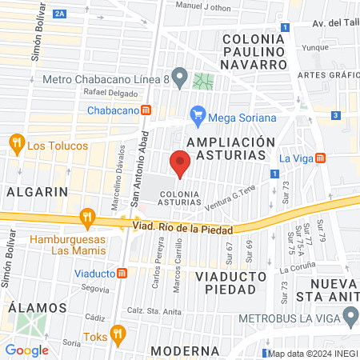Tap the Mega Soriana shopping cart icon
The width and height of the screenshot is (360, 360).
(198, 117)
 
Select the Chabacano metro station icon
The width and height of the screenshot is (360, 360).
(146, 110)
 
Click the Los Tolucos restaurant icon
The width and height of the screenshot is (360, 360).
(16, 145)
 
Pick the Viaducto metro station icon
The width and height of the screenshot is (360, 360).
(122, 273)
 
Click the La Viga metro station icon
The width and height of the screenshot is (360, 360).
(320, 158)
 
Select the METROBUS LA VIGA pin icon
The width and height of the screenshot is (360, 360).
(350, 319)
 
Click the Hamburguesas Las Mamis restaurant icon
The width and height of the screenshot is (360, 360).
(87, 216)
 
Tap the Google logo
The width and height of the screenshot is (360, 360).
(26, 350)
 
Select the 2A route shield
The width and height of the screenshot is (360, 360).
(59, 14)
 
